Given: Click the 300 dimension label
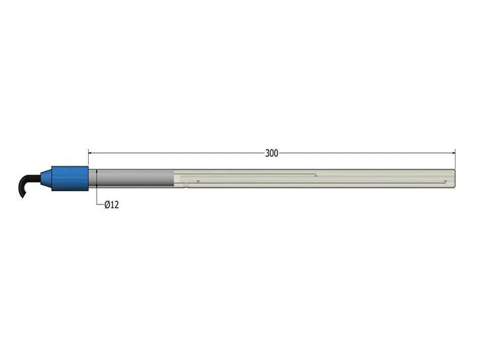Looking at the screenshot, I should coord(271,153).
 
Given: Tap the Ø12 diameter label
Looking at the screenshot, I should coord(111,205).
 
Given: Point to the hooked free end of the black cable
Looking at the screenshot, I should coord(22,195).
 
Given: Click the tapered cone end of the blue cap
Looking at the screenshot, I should coord(46,178).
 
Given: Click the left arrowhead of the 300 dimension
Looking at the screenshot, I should coord(91,153).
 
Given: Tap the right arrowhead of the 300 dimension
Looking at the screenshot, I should coord(452,153).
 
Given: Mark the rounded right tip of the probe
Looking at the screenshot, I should coord(454,179).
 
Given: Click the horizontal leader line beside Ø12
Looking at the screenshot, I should coord(99,204).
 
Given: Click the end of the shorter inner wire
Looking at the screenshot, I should coord(316,175).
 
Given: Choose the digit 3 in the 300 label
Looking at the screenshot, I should coord(267,153).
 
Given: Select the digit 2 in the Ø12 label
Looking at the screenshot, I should coord(116,205).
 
